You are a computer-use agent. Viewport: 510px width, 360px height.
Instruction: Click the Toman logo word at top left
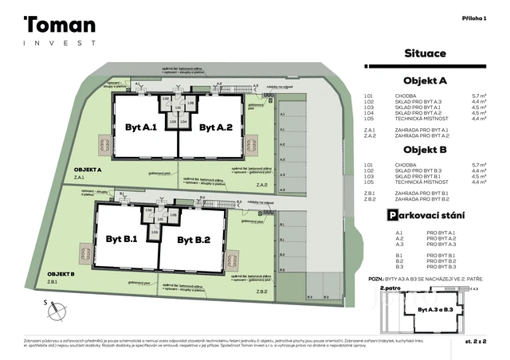(x=60, y=26)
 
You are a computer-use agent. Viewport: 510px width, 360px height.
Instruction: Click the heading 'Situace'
(x=426, y=53)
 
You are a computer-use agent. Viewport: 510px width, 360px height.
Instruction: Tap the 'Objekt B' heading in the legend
(x=425, y=150)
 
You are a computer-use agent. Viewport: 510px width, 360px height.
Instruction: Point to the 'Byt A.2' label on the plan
(x=215, y=127)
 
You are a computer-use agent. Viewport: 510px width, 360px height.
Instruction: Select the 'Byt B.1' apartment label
(x=122, y=239)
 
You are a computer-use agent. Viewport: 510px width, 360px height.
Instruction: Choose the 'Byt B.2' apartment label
(x=193, y=239)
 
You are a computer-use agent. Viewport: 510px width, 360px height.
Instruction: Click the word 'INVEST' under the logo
(x=59, y=43)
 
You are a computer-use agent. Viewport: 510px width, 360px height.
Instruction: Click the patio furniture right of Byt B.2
(x=231, y=260)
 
